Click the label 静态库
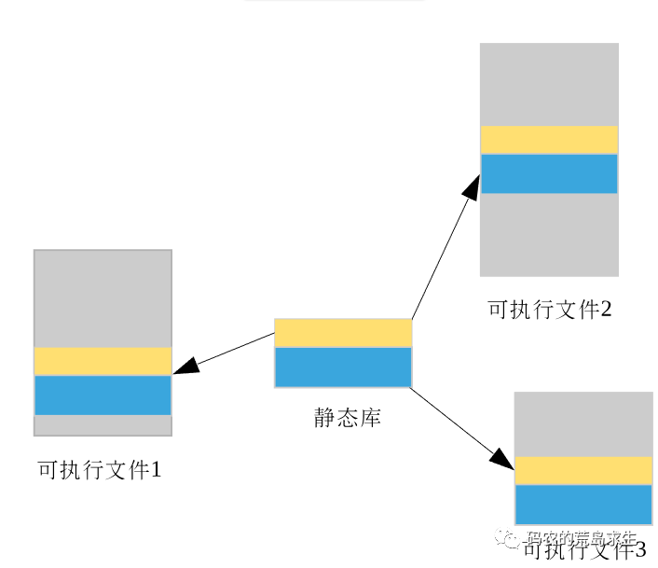pos(347,417)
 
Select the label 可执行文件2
pos(550,309)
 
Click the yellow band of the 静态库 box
pos(343,333)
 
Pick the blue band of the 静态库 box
pos(343,367)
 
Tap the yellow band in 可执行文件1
pos(103,361)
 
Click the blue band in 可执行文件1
pos(103,395)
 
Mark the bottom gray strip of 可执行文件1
pos(103,425)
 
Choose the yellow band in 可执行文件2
pos(549,140)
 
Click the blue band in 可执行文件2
pos(549,173)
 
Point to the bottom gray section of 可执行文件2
pos(549,234)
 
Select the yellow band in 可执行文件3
pos(583,470)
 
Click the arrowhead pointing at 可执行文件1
pos(186,366)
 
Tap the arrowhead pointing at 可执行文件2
pos(472,186)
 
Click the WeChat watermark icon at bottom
pos(509,538)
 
